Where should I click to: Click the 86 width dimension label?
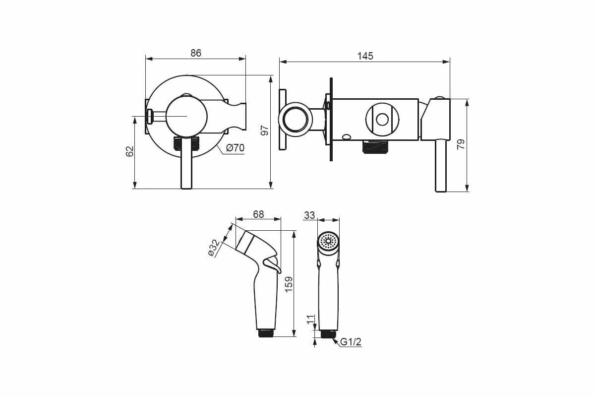(196, 53)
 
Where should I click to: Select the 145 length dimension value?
(365, 56)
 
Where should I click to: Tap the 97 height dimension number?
(265, 131)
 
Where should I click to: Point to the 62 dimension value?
(129, 151)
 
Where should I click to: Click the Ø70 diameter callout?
(235, 148)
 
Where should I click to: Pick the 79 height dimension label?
(461, 144)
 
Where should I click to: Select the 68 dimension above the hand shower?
(258, 214)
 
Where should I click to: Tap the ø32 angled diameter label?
(214, 248)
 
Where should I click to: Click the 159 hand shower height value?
(289, 284)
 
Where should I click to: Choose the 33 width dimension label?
(309, 215)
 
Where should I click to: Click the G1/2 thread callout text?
(351, 342)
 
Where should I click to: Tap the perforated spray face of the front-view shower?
(328, 241)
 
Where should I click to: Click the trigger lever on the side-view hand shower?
(272, 264)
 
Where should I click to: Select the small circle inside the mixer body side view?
(382, 120)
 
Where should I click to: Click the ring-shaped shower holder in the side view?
(295, 120)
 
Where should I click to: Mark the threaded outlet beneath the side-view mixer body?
(375, 147)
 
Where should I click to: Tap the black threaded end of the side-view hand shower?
(266, 333)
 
